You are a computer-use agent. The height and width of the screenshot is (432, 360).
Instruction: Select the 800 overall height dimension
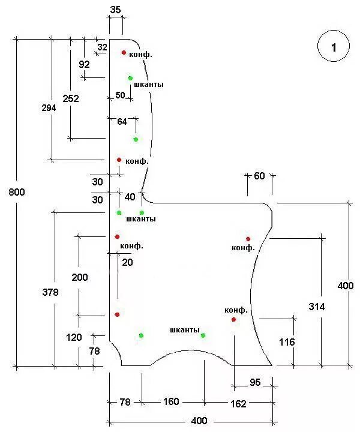pos(17,192)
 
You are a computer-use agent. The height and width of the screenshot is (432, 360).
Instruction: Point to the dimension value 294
pos(49,108)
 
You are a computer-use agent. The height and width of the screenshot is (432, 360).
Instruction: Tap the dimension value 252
pos(70,98)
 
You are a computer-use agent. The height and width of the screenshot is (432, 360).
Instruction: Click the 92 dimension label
pos(84,64)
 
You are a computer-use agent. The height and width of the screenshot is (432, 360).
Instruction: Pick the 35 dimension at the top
pos(116,10)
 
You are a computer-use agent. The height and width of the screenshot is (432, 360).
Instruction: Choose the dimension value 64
pos(122,121)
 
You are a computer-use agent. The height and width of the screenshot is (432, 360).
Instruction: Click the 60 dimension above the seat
pos(259,176)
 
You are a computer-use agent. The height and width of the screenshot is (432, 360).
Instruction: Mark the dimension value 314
pos(317,307)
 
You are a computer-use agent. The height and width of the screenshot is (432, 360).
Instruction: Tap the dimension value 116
pos(287,342)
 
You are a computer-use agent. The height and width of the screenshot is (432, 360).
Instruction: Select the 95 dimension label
pos(254,383)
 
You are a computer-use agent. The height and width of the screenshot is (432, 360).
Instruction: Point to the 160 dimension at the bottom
pos(171,401)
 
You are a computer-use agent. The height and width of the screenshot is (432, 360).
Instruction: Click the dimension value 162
pos(238,404)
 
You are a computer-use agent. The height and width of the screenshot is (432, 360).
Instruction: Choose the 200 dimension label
pos(79,277)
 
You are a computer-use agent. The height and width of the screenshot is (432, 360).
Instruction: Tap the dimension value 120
pos(74,337)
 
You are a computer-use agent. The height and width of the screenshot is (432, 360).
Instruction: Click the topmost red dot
pos(124,53)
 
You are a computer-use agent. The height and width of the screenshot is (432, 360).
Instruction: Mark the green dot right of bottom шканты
pos(203,335)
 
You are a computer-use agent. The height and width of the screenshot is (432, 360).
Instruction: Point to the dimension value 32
pos(102,47)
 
